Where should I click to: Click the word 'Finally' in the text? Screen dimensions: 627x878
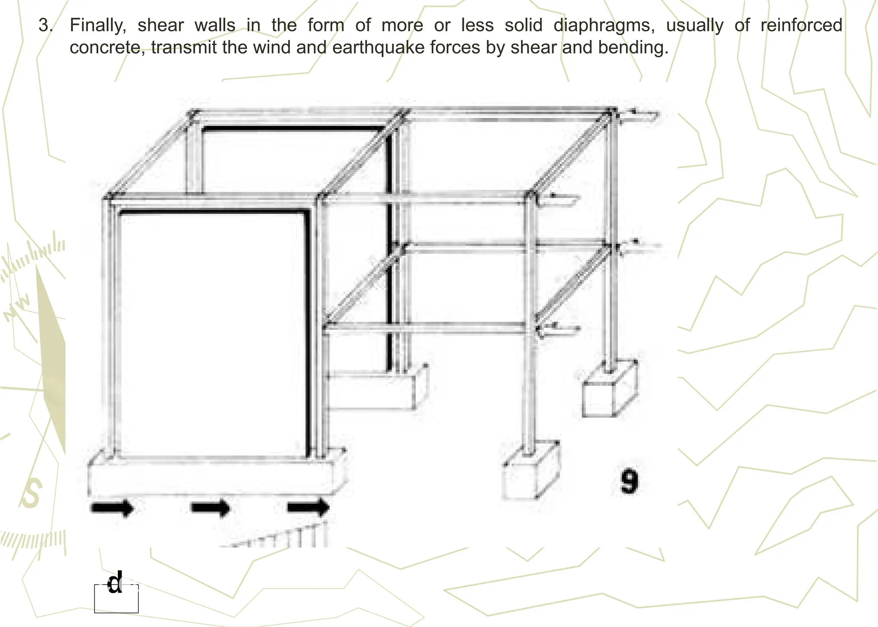pos(97,26)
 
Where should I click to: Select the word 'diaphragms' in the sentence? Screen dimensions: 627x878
pos(604,26)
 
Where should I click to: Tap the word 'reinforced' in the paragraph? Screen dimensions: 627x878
pos(801,26)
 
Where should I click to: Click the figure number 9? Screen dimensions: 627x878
pos(629,481)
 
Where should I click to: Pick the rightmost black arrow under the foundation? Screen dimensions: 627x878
pos(308,508)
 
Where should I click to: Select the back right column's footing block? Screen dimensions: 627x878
pos(609,390)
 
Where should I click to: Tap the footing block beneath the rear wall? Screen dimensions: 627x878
pos(373,390)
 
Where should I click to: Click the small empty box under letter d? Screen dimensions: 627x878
pos(116,603)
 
